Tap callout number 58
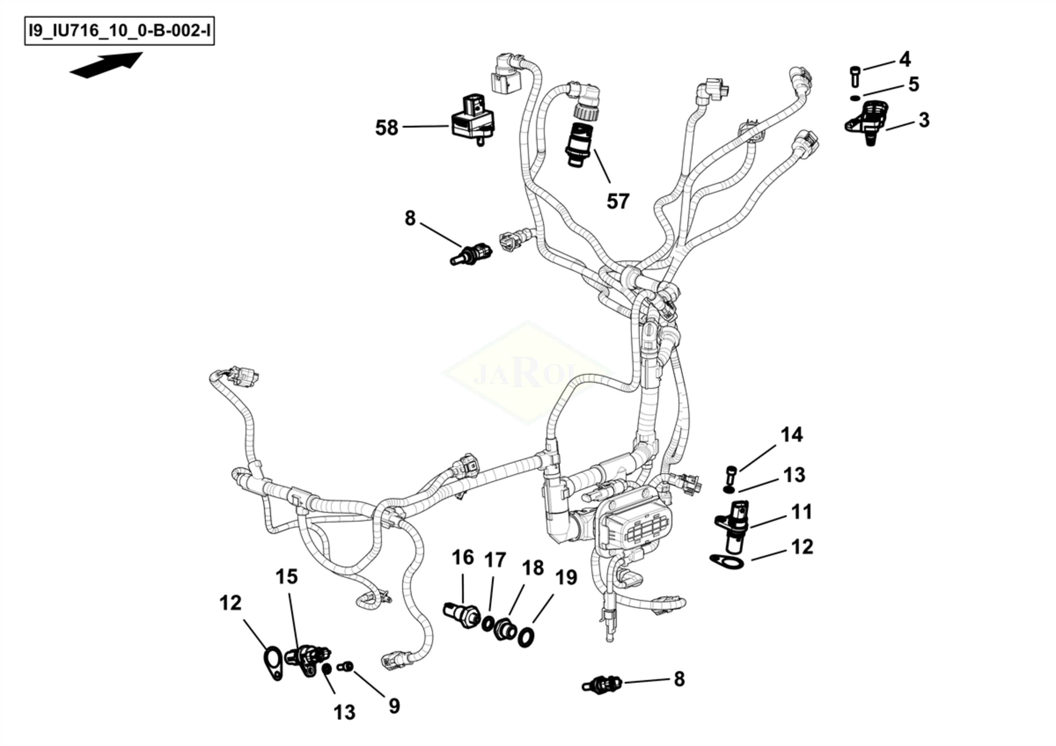pos(386,128)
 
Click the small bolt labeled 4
pos(854,76)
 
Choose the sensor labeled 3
pos(867,120)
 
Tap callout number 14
pos(791,434)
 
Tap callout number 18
pos(532,568)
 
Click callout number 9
pos(394,706)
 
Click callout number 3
pos(924,120)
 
